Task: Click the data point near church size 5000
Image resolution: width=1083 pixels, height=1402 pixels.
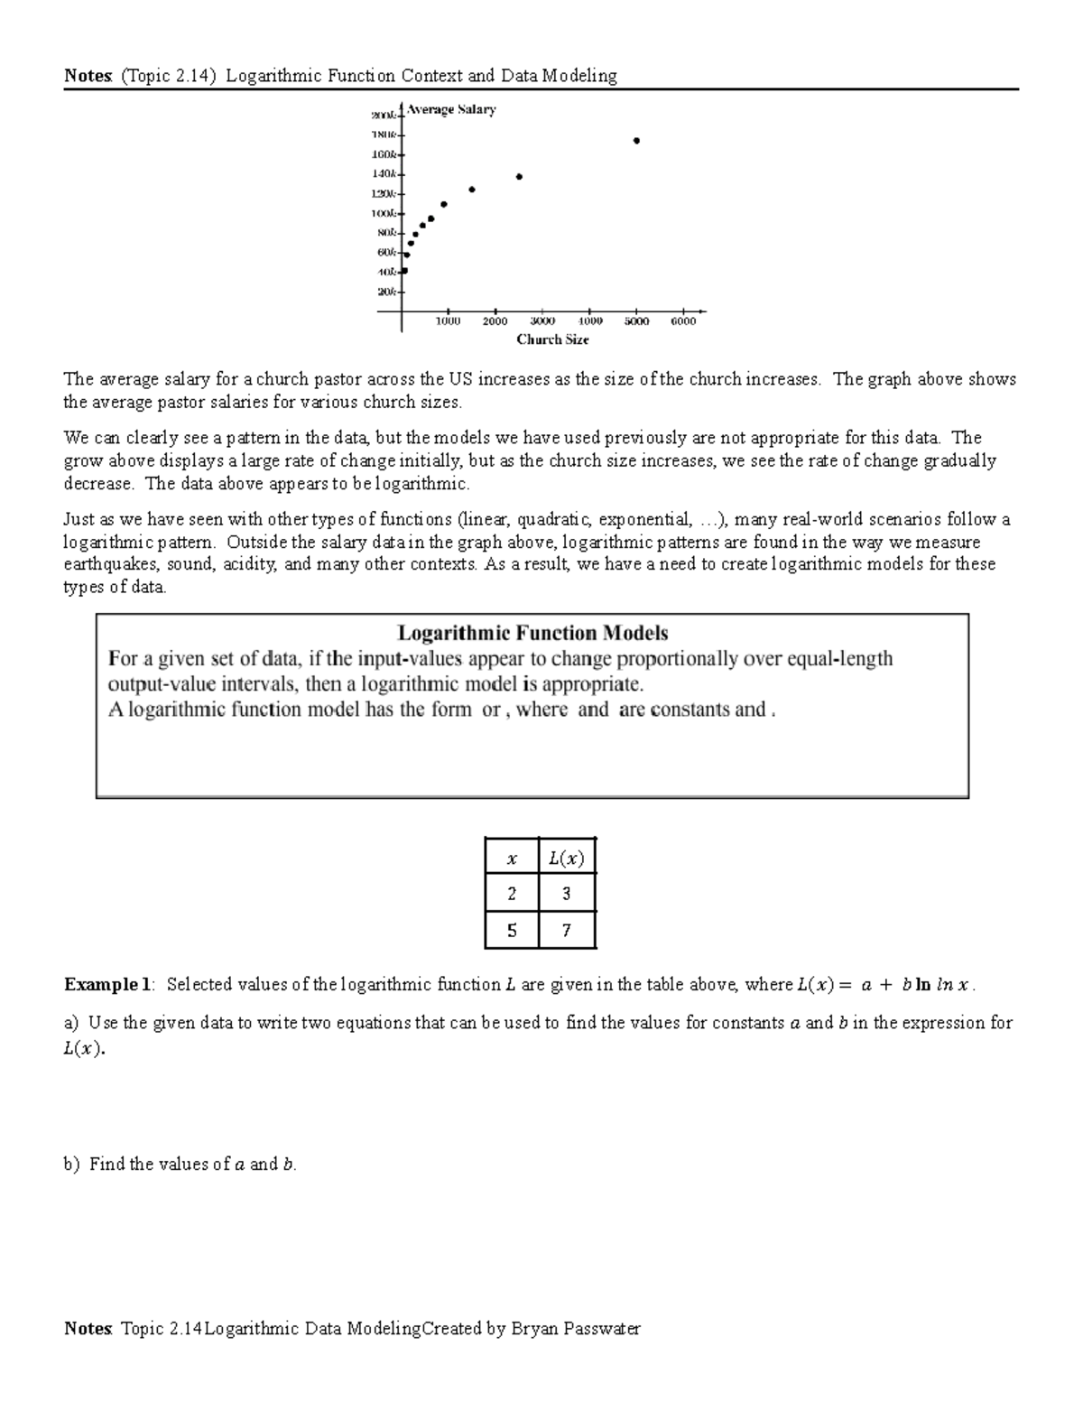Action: click(x=636, y=141)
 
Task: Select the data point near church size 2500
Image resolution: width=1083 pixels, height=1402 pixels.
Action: click(x=519, y=177)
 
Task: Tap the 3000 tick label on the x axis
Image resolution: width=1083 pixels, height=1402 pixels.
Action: click(x=542, y=321)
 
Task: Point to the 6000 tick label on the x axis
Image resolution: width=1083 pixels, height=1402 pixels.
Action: click(x=683, y=321)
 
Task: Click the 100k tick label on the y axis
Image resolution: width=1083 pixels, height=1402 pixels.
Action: click(x=383, y=214)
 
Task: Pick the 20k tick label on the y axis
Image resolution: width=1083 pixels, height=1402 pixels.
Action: click(x=385, y=292)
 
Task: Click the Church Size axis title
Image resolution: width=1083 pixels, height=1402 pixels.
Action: click(x=552, y=339)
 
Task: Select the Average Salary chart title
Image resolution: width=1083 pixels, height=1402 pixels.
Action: click(x=451, y=110)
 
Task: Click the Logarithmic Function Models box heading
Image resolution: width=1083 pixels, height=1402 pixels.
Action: click(x=532, y=633)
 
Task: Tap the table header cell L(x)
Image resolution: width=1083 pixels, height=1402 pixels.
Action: click(x=566, y=859)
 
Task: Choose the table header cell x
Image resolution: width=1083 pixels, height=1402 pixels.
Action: click(x=512, y=859)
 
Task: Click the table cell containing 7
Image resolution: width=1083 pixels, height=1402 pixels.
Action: click(x=566, y=931)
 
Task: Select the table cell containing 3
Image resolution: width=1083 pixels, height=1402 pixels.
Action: click(x=566, y=895)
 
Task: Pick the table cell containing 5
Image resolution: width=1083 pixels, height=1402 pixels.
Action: click(x=512, y=931)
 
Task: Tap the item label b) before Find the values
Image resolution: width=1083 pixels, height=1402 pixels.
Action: click(x=71, y=1165)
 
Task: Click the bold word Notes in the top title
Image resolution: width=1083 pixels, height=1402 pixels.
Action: click(x=88, y=76)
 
